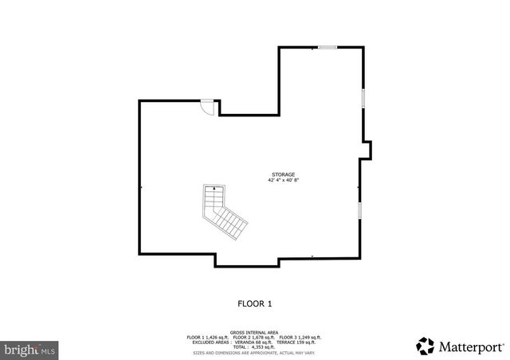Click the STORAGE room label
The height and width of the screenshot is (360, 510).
click(283, 174)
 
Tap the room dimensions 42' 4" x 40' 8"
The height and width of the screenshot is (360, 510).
click(283, 180)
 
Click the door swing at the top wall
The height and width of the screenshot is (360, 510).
click(207, 107)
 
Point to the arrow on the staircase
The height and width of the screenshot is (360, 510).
click(214, 190)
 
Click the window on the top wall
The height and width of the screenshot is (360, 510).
click(327, 48)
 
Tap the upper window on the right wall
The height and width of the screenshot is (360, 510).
click(363, 98)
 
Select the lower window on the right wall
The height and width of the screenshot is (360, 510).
click(359, 210)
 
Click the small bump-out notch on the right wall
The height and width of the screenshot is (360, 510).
click(367, 150)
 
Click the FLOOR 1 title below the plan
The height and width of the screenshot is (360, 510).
click(255, 303)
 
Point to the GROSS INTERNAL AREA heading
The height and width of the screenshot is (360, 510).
click(255, 331)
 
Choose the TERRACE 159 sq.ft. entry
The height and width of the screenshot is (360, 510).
click(298, 342)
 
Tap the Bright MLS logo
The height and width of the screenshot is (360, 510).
click(29, 349)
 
